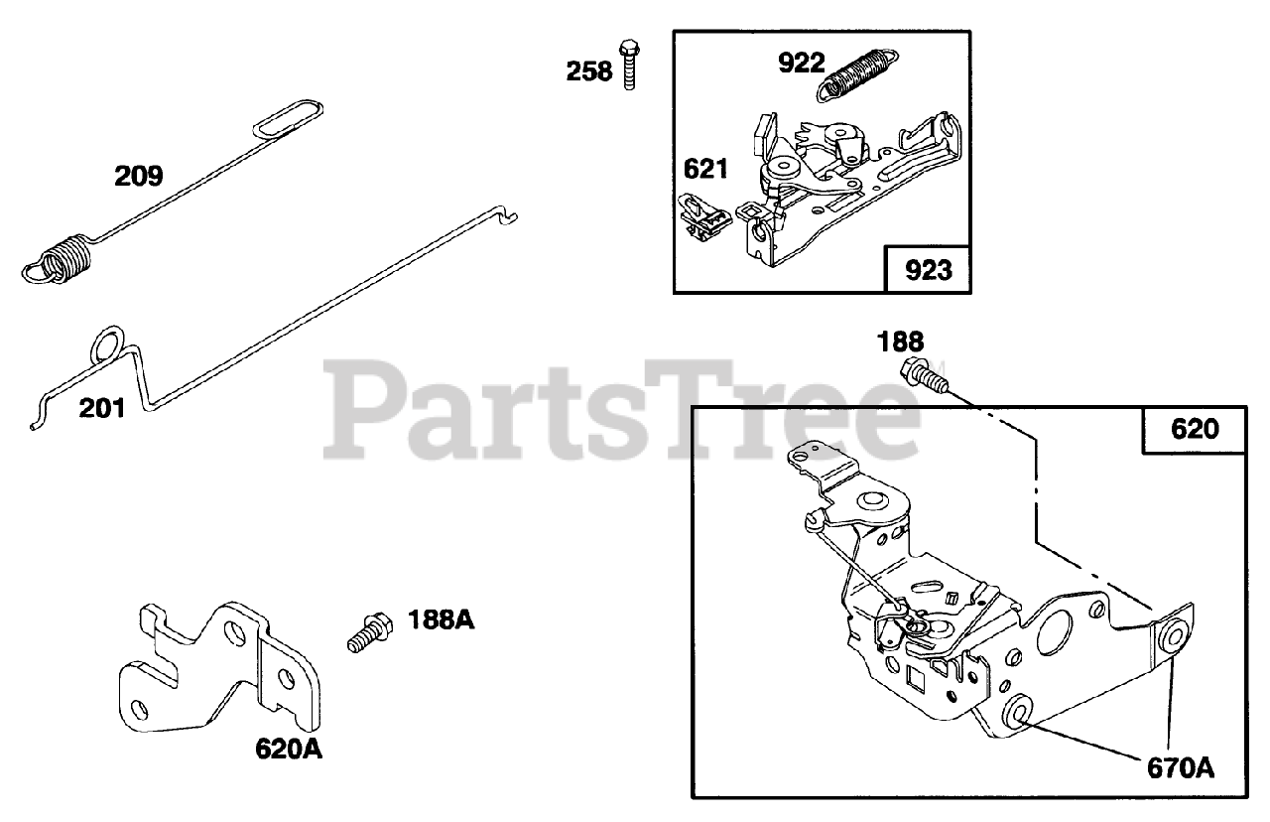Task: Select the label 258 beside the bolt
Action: click(589, 71)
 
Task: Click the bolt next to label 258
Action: click(627, 65)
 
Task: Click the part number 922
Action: click(801, 63)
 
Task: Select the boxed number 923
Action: click(928, 270)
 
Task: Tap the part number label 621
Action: click(705, 169)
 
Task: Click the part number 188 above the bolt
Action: click(901, 342)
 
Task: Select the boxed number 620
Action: click(1195, 430)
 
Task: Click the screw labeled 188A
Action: click(369, 631)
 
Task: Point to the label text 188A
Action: click(441, 620)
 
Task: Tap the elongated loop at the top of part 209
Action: click(287, 116)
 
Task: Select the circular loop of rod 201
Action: click(107, 346)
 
